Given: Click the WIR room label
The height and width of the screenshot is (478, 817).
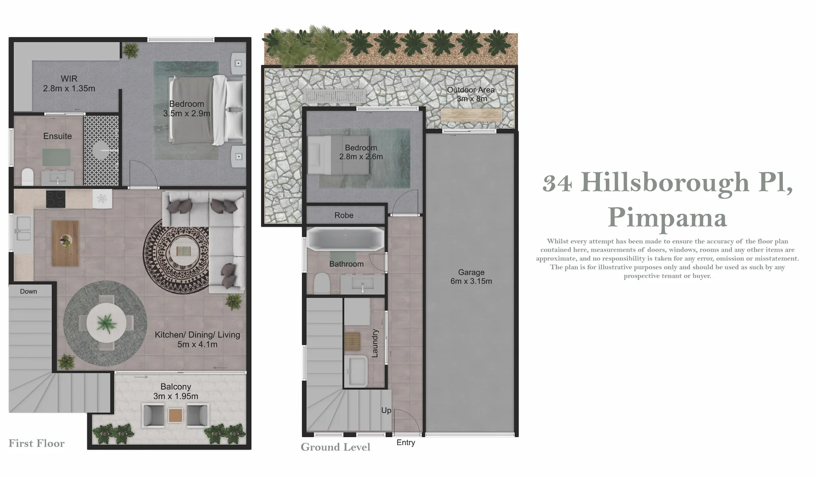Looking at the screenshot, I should coord(69,83).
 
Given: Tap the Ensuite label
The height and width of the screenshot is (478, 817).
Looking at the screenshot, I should coord(58,136).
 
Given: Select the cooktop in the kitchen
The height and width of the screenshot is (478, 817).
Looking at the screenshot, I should coord(56,199).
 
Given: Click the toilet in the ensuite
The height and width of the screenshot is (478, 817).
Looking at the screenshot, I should coord(27,177).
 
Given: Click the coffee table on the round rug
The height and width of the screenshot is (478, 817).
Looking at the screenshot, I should coord(183,251).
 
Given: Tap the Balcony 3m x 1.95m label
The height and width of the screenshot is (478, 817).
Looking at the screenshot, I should coord(175,391).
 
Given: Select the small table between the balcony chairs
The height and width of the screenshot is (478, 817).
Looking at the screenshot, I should coord(175,415).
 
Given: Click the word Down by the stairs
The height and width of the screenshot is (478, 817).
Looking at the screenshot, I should coord(28,291).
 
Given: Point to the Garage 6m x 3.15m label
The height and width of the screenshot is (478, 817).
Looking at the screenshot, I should coord(471,277).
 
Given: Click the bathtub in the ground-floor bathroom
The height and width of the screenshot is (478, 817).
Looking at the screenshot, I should coord(346,239).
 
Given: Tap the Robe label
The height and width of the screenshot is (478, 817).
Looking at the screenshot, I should coord(344,216).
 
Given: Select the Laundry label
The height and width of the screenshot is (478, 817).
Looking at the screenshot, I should coord(375,343).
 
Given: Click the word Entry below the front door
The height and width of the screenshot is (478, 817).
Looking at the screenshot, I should coord(406,443).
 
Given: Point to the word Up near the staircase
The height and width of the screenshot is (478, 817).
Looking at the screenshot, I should coord(386,410).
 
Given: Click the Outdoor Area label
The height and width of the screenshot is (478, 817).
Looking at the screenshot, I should coord(471,94).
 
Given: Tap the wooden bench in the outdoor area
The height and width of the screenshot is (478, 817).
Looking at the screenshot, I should coord(471,116).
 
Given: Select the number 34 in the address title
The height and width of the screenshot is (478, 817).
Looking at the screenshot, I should coord(558,183).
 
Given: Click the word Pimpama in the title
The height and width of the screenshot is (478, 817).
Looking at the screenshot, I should coord(667,217).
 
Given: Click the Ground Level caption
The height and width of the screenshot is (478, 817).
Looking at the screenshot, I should coord(335,447).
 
